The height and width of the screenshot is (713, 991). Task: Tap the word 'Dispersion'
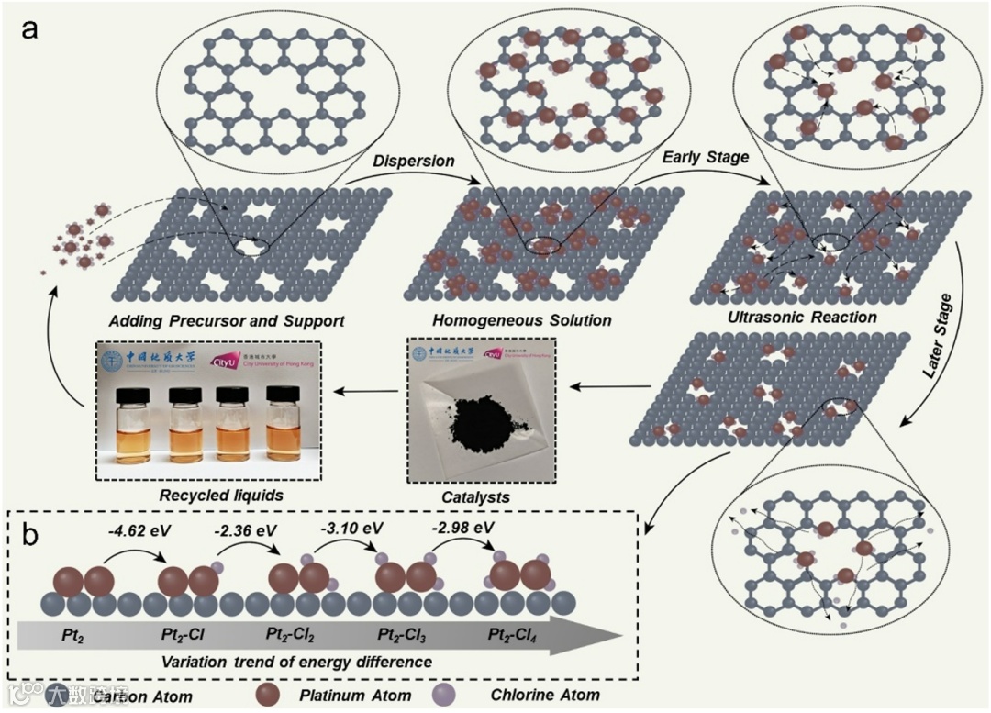click(414, 161)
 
